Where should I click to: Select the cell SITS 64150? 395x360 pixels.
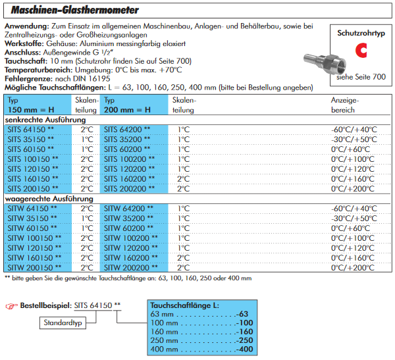pos(32,130)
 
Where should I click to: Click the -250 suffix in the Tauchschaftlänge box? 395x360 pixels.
pos(244,339)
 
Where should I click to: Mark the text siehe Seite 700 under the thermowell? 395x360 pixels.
pos(360,78)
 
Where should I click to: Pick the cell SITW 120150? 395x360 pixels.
pos(34,248)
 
